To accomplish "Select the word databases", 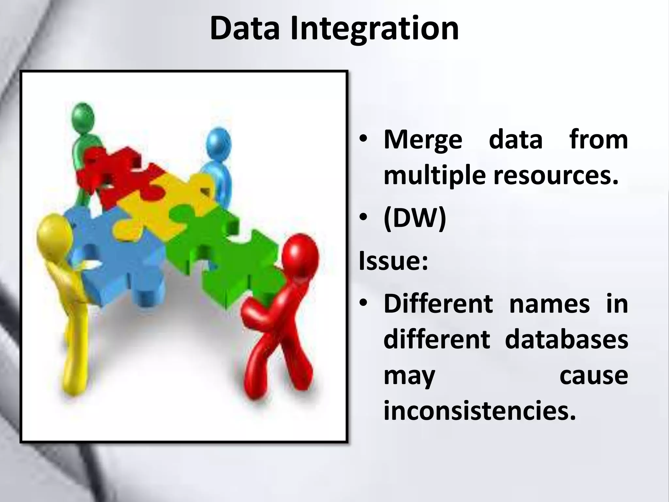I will (x=566, y=340).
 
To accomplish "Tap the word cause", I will (x=594, y=376).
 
